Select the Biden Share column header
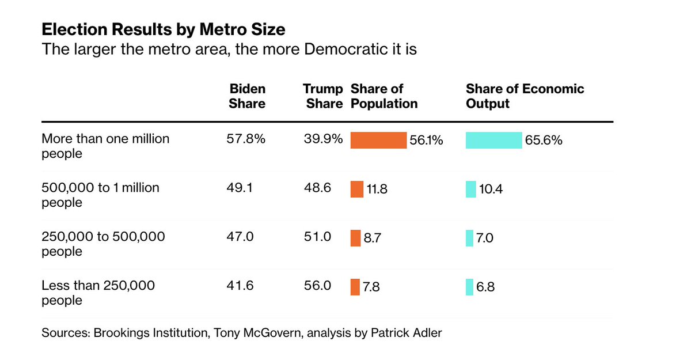point(247,96)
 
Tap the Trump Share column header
point(324,96)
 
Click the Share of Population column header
point(384,96)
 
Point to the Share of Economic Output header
point(525,96)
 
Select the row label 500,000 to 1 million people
point(100,195)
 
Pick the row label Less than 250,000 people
point(98,293)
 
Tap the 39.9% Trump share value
point(323,139)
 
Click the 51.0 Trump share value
point(317,237)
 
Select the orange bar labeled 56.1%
point(378,140)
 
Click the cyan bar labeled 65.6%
point(493,140)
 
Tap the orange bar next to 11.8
point(356,189)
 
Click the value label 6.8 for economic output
point(485,287)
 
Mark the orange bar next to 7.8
point(355,287)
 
